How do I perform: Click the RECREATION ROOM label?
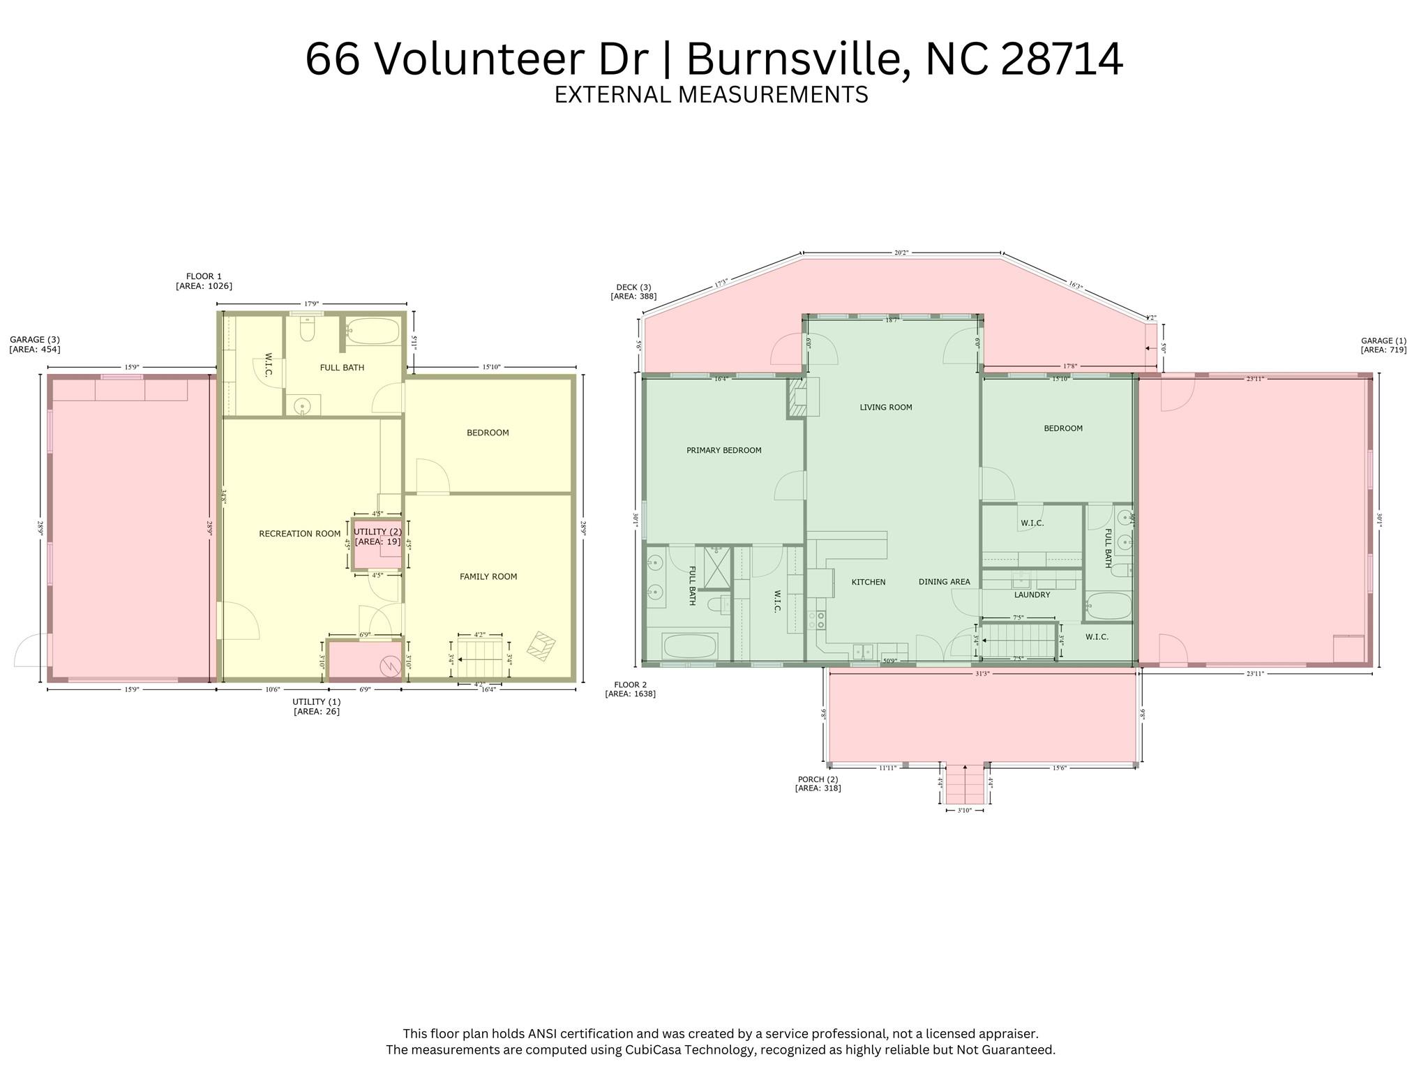tap(299, 534)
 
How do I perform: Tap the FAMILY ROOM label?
tap(488, 576)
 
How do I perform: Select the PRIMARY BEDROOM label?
tap(723, 450)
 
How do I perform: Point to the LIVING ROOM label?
tap(885, 407)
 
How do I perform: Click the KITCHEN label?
tap(868, 582)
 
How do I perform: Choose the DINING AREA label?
tap(944, 582)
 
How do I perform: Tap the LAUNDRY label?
tap(1032, 595)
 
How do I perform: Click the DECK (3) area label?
tap(633, 292)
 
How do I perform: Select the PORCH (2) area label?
tap(818, 784)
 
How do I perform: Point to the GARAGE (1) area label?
tap(1383, 345)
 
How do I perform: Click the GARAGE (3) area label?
tap(35, 345)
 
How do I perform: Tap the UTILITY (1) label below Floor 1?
tap(316, 706)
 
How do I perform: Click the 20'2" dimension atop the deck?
tap(901, 253)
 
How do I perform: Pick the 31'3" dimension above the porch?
tap(982, 673)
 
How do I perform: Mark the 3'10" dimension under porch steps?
tap(964, 810)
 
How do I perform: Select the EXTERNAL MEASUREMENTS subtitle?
tap(711, 94)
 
